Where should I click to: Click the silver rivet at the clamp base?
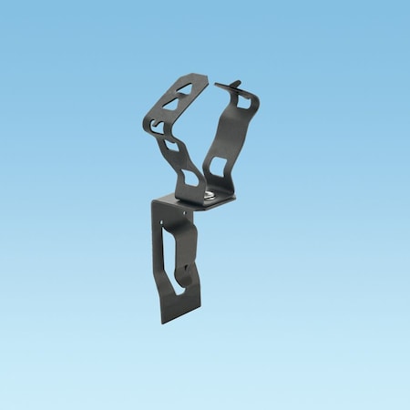click(210, 193)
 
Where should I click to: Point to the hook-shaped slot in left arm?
click(159, 127)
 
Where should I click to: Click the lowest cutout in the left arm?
click(192, 174)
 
